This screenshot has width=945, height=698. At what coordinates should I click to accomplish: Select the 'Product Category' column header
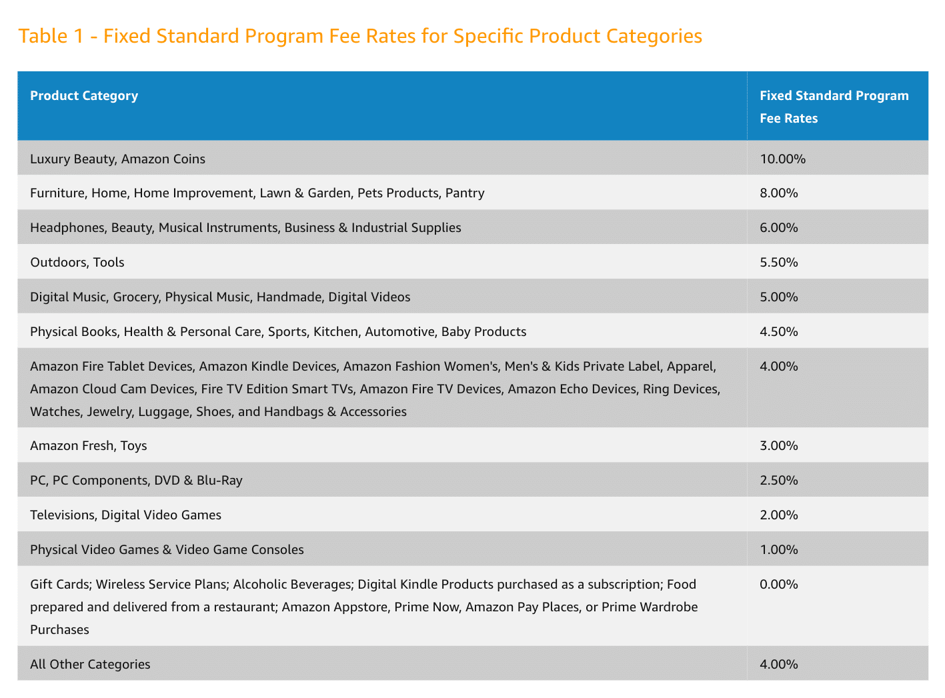[x=84, y=95]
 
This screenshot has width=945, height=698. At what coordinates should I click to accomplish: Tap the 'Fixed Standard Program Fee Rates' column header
[x=834, y=107]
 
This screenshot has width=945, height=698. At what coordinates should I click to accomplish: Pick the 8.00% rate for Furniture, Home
[x=778, y=193]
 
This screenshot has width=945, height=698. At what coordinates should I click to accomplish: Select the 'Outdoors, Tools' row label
[x=77, y=263]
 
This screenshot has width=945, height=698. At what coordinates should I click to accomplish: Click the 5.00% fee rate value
[x=778, y=297]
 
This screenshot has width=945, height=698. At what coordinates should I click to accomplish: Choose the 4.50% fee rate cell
[x=778, y=332]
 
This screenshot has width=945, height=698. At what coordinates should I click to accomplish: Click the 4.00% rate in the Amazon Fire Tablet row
[x=778, y=367]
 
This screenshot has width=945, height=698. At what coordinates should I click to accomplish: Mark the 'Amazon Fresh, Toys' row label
[x=89, y=446]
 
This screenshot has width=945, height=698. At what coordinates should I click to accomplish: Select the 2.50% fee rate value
[x=778, y=481]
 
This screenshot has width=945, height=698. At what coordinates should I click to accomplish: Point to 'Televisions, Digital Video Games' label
[x=125, y=515]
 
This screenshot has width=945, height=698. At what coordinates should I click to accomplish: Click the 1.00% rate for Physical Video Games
[x=778, y=550]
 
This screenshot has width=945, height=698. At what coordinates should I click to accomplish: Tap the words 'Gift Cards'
[x=59, y=585]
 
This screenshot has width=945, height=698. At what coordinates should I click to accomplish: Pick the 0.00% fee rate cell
[x=778, y=585]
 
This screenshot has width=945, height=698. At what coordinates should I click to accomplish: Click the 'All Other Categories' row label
[x=90, y=665]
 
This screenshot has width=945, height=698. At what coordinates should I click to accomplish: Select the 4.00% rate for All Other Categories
[x=778, y=665]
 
